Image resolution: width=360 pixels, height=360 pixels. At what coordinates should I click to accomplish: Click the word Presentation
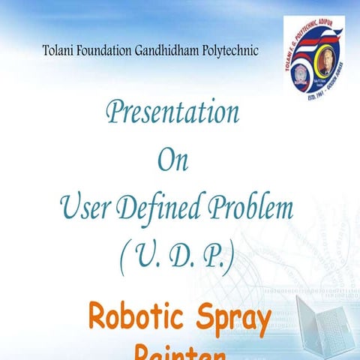coord(172,114)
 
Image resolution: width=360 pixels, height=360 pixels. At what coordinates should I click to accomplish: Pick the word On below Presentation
coord(172,160)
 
